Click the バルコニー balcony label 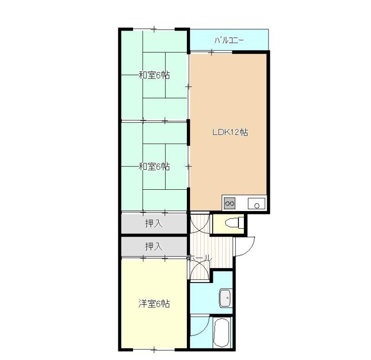[x=229, y=40]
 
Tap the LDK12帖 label [x=230, y=132]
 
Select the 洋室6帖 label [x=154, y=303]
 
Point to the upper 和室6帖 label [x=154, y=75]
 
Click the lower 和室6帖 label [x=154, y=167]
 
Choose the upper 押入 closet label [x=154, y=223]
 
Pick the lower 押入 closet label [x=154, y=246]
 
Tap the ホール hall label [x=199, y=258]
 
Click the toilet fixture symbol [x=235, y=223]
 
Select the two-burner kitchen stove [x=230, y=203]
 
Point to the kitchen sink [x=256, y=203]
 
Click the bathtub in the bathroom [x=222, y=333]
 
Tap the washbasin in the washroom [x=226, y=298]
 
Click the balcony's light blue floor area [x=229, y=40]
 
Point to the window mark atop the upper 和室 [x=154, y=29]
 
